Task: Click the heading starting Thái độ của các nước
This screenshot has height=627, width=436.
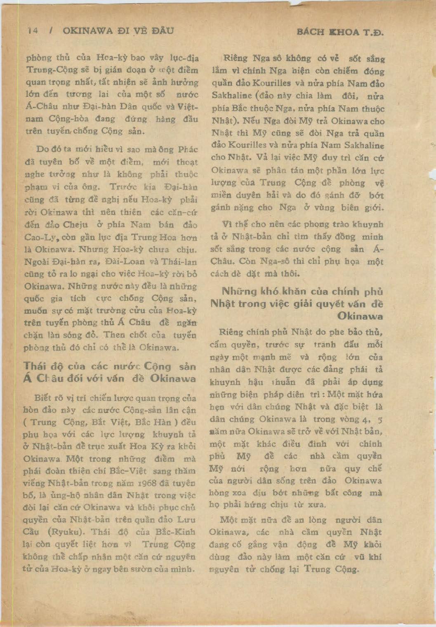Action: pos(110,372)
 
